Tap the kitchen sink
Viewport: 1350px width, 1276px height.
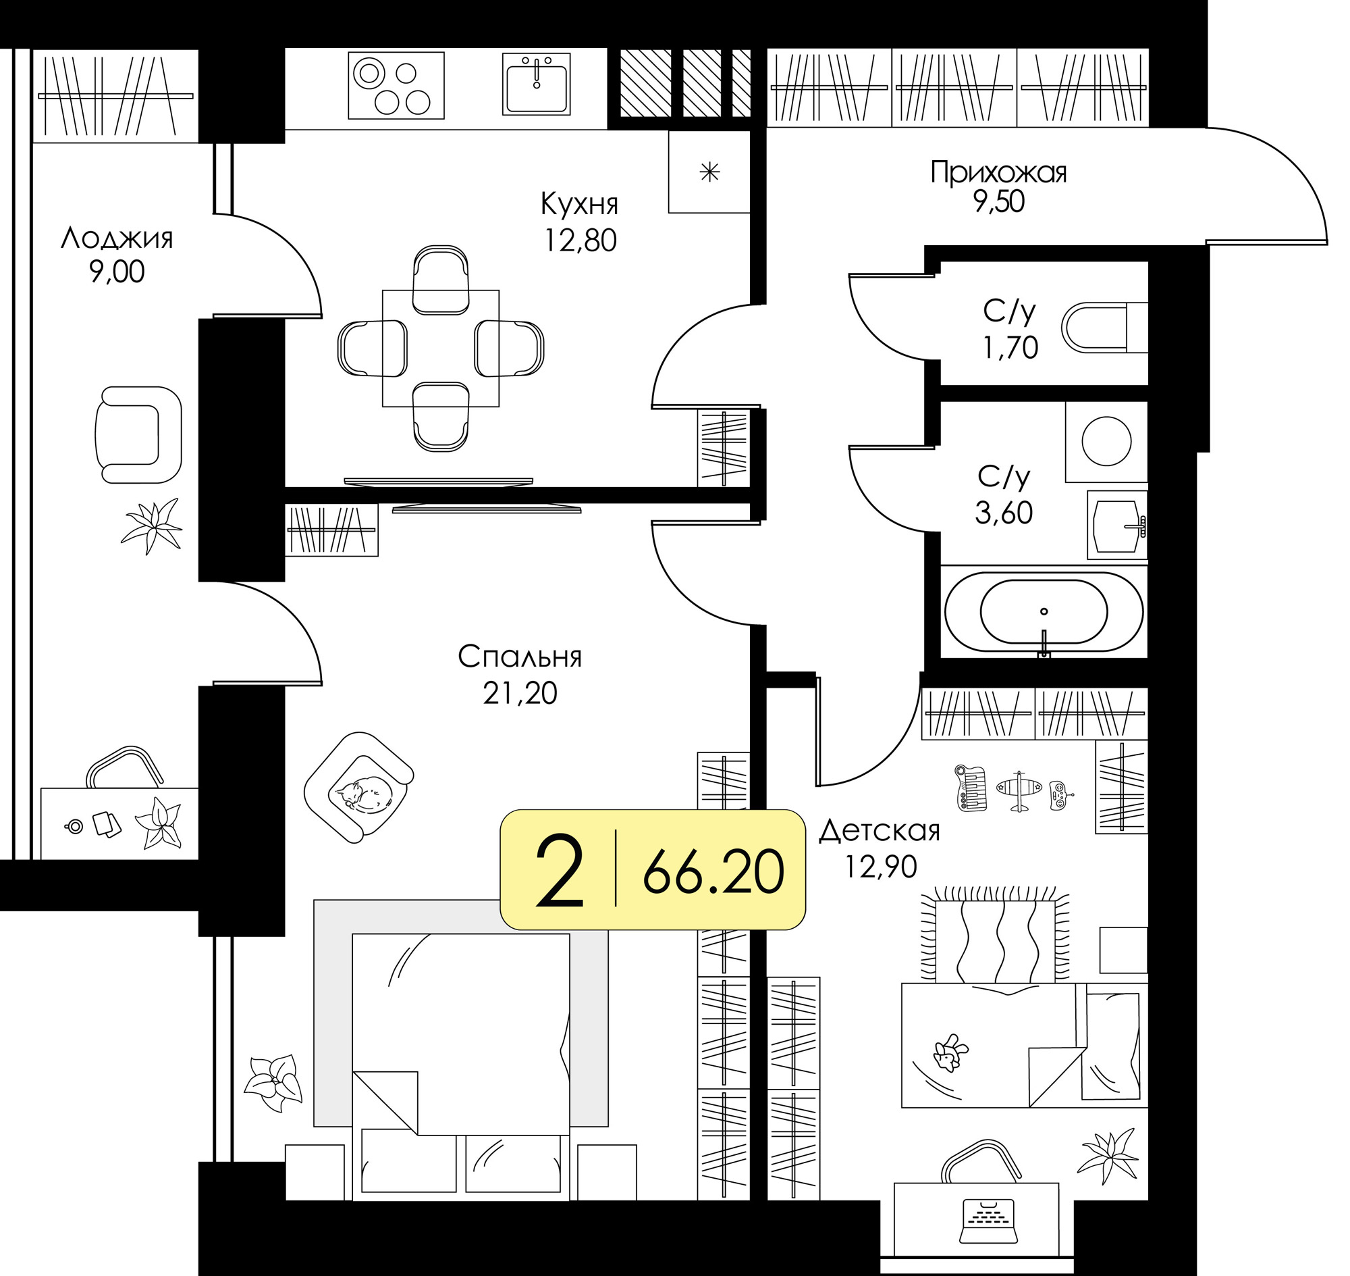pos(537,84)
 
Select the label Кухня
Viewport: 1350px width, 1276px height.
pos(579,204)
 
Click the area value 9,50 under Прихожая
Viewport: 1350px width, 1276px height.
pos(998,202)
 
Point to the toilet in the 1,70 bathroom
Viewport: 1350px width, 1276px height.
pos(1104,328)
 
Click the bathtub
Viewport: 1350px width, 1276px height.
pos(1044,611)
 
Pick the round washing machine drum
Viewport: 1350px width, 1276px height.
pos(1106,440)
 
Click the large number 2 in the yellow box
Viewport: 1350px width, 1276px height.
pos(559,871)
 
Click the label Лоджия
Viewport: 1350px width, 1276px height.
pos(116,238)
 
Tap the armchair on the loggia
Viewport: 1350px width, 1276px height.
pos(138,434)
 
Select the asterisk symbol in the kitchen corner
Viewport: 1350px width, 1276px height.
pos(709,172)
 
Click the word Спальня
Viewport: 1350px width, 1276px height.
pos(519,657)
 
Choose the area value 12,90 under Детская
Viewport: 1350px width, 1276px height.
pos(880,867)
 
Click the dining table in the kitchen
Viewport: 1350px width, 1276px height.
pos(441,349)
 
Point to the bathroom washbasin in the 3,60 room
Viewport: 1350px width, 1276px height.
pos(1117,525)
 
